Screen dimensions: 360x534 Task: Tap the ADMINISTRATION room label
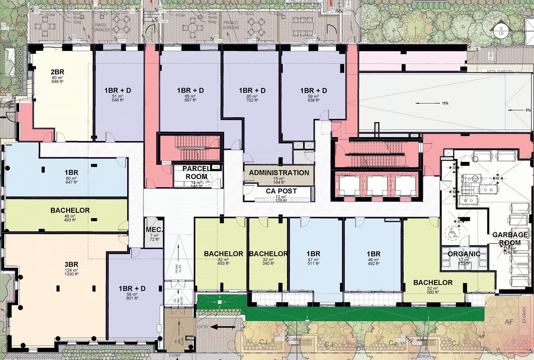pyautogui.click(x=279, y=173)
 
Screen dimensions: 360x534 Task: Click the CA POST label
pyautogui.click(x=281, y=191)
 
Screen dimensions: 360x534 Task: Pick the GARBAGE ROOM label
pyautogui.click(x=506, y=239)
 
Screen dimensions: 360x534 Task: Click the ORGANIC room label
pyautogui.click(x=463, y=254)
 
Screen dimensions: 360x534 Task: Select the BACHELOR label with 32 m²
pyautogui.click(x=268, y=254)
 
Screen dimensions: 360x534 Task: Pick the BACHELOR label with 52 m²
pyautogui.click(x=433, y=282)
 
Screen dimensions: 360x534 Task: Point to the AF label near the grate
pyautogui.click(x=508, y=322)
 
